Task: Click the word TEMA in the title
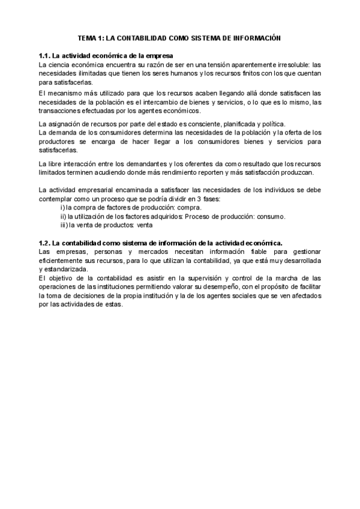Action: pyautogui.click(x=88, y=37)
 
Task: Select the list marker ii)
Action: pyautogui.click(x=63, y=216)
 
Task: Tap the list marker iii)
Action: pyautogui.click(x=64, y=225)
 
